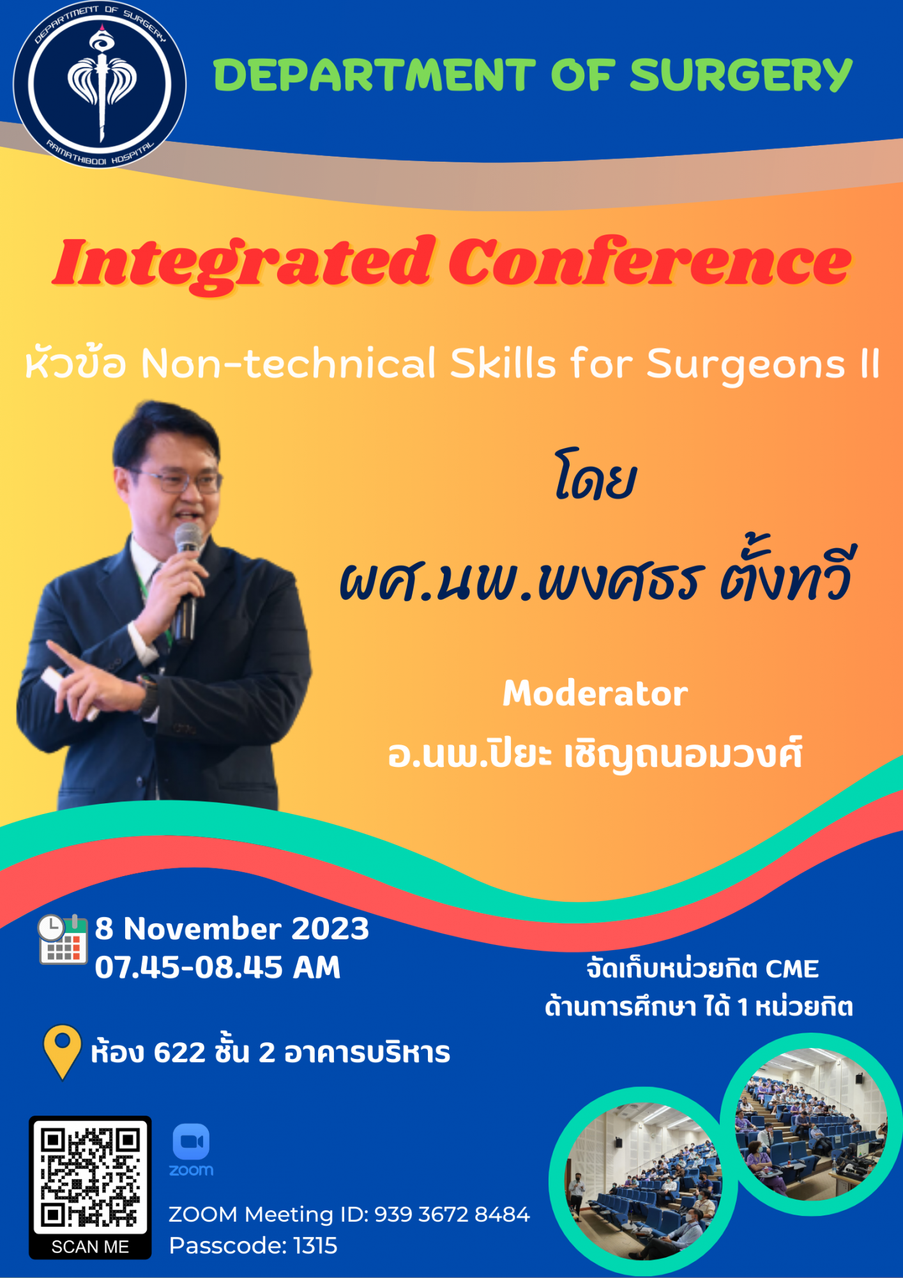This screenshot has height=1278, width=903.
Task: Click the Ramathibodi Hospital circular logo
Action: click(x=100, y=84)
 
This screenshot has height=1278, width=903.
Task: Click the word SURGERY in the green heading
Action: click(x=741, y=75)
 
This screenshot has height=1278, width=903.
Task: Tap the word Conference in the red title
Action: click(x=649, y=262)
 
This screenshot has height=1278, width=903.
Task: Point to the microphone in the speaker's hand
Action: click(x=186, y=582)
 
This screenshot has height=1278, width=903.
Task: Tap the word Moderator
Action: click(x=595, y=693)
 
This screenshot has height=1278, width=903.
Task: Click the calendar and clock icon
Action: click(x=63, y=939)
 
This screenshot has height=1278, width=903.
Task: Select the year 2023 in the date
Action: click(x=330, y=928)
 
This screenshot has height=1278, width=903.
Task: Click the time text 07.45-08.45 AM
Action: click(x=218, y=967)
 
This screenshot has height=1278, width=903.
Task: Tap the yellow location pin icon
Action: click(x=62, y=1052)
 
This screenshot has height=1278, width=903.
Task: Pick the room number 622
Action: click(x=179, y=1052)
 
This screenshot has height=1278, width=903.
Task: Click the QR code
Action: click(x=90, y=1177)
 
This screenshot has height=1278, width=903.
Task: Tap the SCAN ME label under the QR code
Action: click(x=90, y=1247)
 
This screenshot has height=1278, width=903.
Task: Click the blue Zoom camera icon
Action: click(x=191, y=1141)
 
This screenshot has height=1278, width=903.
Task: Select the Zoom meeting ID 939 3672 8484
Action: click(x=452, y=1214)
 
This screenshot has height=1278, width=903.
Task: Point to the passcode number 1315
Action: click(x=315, y=1245)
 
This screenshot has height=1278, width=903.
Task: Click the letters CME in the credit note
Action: click(x=792, y=969)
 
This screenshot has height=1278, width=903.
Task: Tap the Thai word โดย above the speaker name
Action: click(x=595, y=477)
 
